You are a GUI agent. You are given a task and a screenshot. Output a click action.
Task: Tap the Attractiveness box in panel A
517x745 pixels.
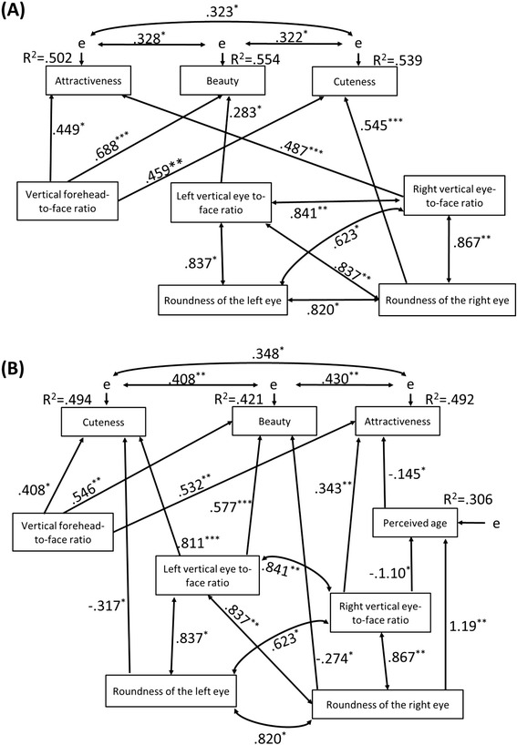point(88,83)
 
